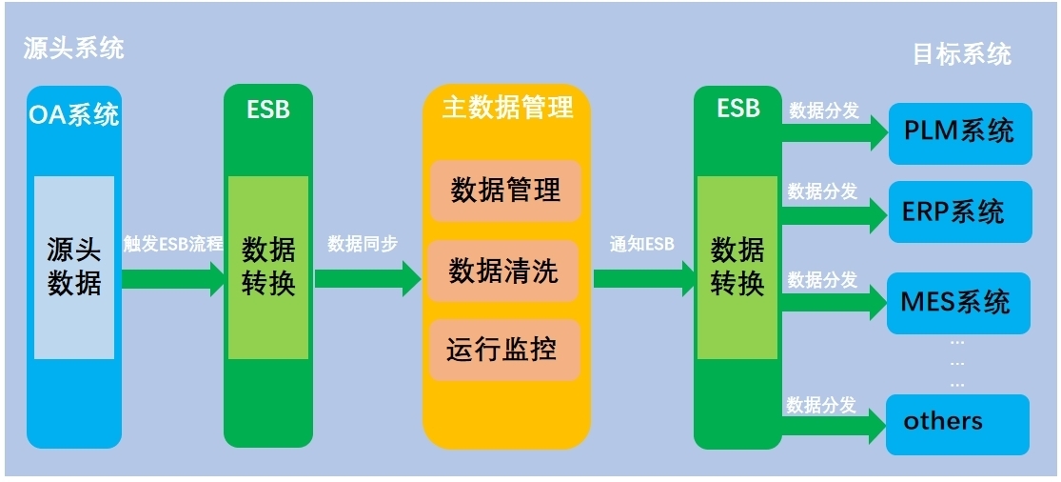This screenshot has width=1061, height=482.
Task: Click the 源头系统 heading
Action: (x=74, y=49)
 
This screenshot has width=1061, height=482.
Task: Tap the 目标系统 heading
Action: (x=961, y=54)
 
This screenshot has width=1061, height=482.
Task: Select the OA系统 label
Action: (x=74, y=115)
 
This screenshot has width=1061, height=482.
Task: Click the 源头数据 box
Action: (x=74, y=267)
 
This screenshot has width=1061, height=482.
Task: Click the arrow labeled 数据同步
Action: (x=367, y=278)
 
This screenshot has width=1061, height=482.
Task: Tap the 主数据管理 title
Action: (x=507, y=107)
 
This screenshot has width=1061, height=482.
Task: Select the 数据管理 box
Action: (x=505, y=191)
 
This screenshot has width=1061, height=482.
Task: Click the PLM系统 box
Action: (x=959, y=131)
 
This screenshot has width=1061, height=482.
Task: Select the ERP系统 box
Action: (x=959, y=211)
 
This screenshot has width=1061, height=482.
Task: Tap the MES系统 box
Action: (x=959, y=303)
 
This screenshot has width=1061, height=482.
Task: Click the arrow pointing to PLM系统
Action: (x=835, y=133)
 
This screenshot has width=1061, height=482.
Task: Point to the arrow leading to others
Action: (x=835, y=428)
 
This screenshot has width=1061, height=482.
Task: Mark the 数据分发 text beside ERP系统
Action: (x=822, y=191)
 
